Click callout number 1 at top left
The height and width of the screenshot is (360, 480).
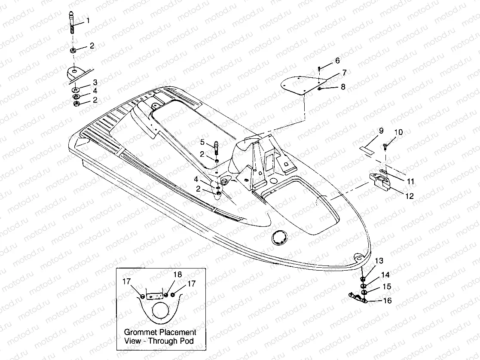tap(88, 21)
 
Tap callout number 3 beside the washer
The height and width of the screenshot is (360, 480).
tap(95, 82)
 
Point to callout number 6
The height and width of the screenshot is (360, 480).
tap(337, 61)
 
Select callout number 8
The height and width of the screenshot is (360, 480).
tap(342, 87)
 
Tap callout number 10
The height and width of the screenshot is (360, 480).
tap(398, 132)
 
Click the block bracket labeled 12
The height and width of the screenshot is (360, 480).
tap(381, 180)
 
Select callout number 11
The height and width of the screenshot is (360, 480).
tap(410, 182)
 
